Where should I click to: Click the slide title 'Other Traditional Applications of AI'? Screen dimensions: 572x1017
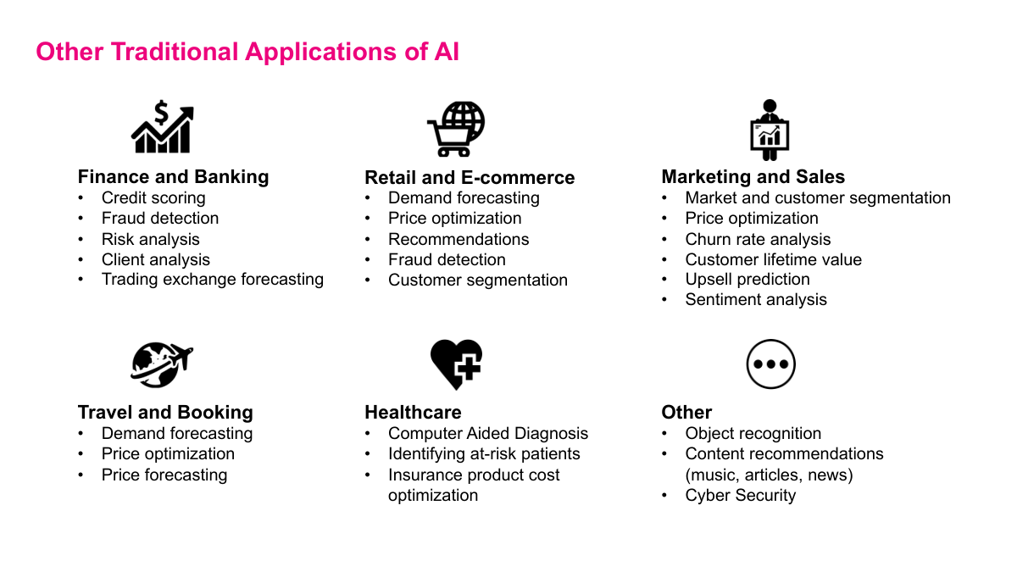(247, 52)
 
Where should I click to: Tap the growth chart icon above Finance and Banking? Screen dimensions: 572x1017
(162, 128)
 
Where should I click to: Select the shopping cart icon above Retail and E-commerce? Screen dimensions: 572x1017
(455, 129)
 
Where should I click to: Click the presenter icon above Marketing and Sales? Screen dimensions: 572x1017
(770, 130)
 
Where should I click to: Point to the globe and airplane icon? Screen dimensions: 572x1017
(162, 364)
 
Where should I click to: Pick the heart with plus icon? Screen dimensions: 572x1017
(456, 364)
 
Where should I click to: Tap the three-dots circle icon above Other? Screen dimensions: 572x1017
(770, 364)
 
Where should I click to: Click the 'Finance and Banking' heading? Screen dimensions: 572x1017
(173, 177)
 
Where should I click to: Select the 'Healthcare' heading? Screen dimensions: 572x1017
(413, 413)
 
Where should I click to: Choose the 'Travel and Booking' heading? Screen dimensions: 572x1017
(165, 413)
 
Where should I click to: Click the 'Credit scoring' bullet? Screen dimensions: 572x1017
(153, 198)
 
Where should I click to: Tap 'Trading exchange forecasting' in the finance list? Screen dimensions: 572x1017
(212, 280)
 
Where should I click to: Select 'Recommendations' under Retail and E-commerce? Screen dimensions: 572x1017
(458, 240)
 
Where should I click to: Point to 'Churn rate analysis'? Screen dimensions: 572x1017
(758, 240)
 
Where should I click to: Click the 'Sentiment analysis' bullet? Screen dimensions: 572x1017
(756, 300)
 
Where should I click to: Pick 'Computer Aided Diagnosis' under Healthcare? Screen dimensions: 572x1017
(487, 434)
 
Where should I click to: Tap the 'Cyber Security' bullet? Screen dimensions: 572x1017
(740, 496)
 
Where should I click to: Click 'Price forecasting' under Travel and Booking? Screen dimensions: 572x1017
(164, 475)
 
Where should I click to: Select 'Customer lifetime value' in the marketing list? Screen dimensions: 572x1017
(773, 260)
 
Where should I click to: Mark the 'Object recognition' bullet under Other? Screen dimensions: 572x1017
(753, 434)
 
